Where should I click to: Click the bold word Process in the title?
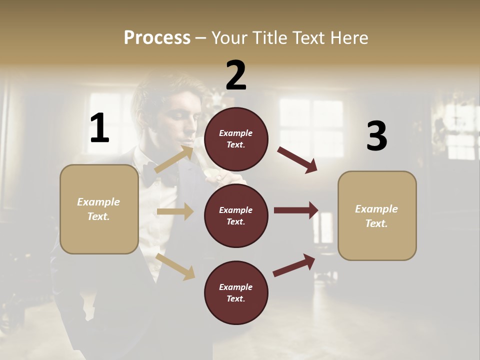(157, 37)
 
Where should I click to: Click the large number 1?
(99, 128)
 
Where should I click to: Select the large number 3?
(376, 136)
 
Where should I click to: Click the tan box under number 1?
(99, 209)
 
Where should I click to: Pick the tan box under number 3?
(377, 215)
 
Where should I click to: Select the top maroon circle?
(236, 139)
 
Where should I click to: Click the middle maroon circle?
(236, 215)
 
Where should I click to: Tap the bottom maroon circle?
(236, 292)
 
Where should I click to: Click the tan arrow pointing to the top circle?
(173, 160)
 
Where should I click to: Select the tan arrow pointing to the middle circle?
(175, 211)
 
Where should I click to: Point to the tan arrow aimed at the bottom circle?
(175, 266)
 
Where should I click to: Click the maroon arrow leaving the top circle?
(297, 159)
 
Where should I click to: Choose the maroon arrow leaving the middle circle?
(295, 210)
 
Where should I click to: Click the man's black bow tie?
(161, 174)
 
